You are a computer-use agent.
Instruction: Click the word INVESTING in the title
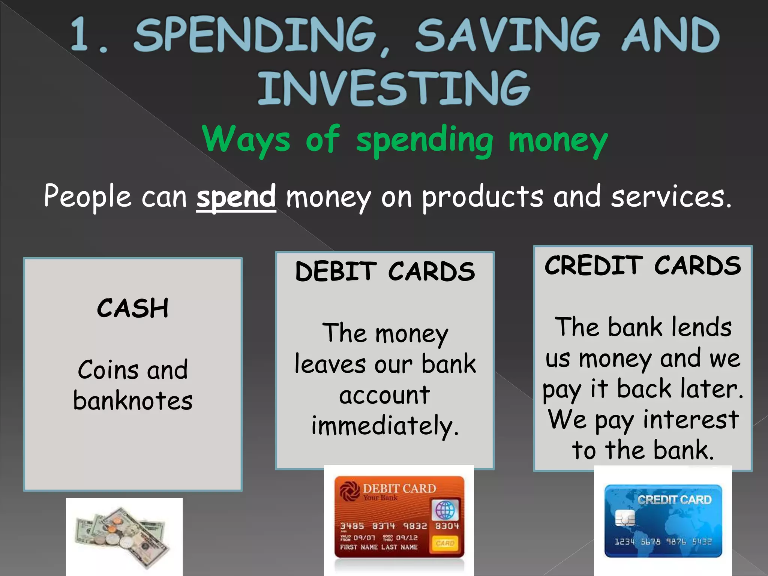point(394,88)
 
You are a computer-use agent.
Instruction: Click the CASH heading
point(133,308)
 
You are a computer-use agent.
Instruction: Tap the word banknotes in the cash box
point(133,400)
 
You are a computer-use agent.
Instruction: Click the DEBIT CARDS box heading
point(385,271)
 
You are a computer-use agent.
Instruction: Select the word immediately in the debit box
point(385,426)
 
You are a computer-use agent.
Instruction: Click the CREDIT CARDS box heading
point(643,265)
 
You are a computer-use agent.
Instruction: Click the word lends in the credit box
point(701,327)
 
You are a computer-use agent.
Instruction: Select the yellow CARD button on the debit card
point(445,543)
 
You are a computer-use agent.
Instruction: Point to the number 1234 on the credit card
point(624,541)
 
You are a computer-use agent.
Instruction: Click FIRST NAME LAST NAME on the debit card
point(379,547)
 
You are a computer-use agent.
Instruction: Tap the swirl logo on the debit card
point(350,492)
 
